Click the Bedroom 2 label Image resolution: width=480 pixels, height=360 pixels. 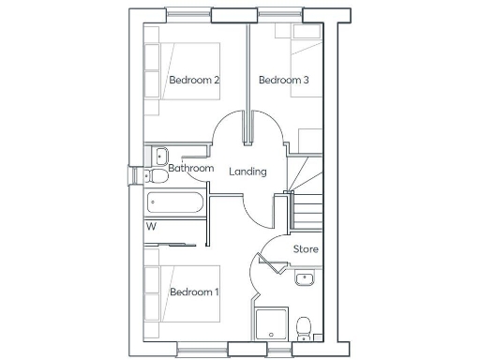click(194, 81)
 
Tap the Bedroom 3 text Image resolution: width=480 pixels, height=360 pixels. click(283, 81)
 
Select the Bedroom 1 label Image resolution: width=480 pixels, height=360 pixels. click(194, 292)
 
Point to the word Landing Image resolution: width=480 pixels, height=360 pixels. click(247, 172)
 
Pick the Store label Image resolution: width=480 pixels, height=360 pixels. click(306, 249)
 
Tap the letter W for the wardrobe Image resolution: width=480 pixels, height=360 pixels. click(151, 226)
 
